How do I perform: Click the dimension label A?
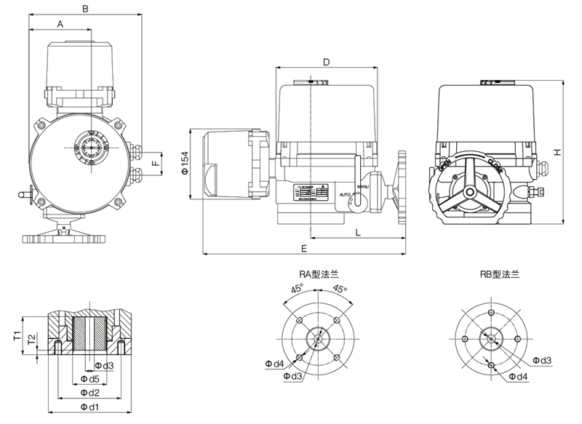click(x=60, y=24)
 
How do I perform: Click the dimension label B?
click(x=85, y=9)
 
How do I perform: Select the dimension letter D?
click(x=327, y=62)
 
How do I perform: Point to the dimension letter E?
click(x=303, y=248)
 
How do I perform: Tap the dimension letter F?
click(x=154, y=164)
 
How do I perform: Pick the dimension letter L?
click(x=358, y=232)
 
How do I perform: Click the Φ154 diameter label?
click(x=185, y=164)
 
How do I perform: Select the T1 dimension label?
click(x=16, y=335)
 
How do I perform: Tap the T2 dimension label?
click(x=31, y=339)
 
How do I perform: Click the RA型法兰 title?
click(x=319, y=274)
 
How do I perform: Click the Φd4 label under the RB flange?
click(x=518, y=376)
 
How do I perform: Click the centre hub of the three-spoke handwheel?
click(x=471, y=192)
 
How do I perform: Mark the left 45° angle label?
click(x=298, y=289)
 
